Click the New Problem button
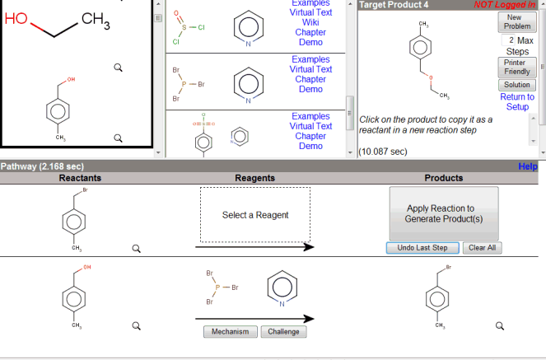(517, 21)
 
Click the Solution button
(517, 85)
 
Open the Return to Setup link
(517, 101)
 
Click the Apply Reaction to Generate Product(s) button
(444, 213)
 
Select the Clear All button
(483, 247)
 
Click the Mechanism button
(230, 332)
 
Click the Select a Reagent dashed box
(255, 215)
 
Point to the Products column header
(444, 178)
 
